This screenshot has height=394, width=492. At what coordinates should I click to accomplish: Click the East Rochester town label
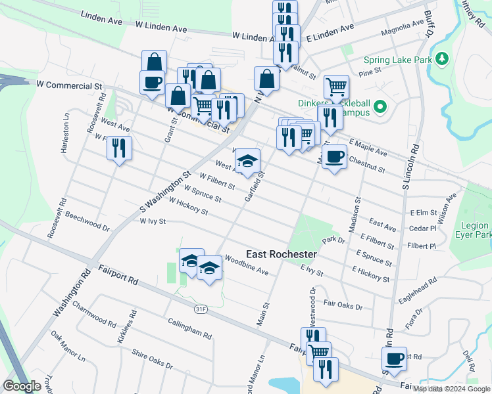(282, 254)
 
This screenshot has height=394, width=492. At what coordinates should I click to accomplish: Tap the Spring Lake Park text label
(399, 60)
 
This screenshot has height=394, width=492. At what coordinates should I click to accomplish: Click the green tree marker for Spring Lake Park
(442, 59)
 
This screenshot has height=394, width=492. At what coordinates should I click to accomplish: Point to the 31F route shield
(201, 307)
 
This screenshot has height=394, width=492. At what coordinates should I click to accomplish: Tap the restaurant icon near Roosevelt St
(119, 148)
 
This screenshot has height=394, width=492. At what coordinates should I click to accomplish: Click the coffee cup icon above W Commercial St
(152, 83)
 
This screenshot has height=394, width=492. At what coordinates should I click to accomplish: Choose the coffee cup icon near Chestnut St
(334, 157)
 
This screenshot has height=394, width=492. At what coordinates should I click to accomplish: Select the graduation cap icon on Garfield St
(247, 161)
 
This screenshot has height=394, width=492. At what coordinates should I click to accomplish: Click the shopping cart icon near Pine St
(336, 86)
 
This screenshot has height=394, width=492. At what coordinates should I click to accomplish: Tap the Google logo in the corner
(22, 385)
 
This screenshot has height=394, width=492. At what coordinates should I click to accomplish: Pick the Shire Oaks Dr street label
(152, 359)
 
